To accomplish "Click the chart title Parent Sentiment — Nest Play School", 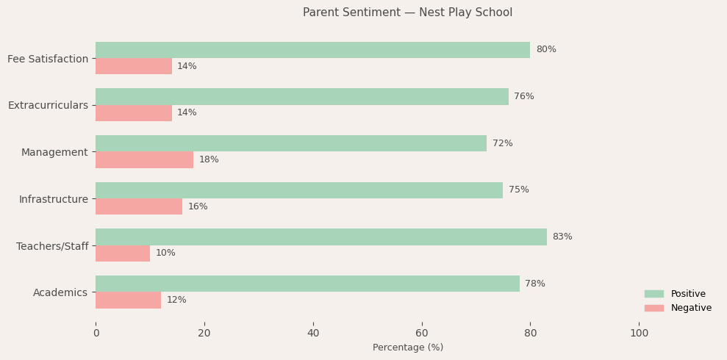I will (x=407, y=12).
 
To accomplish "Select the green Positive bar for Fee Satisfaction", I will (x=312, y=50).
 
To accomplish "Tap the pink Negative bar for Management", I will (x=144, y=160).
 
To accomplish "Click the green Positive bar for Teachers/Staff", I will (x=320, y=237).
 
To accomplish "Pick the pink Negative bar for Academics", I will (x=128, y=300).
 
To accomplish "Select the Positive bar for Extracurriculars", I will (x=301, y=97).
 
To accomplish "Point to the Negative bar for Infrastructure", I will (x=139, y=206).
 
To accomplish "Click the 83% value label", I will (x=562, y=237).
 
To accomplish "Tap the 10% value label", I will (x=165, y=253).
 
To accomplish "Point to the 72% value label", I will (x=503, y=143).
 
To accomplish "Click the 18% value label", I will (x=209, y=160).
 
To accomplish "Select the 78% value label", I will (x=535, y=284).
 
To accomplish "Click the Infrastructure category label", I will (x=54, y=199).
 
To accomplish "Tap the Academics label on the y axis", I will (x=60, y=292).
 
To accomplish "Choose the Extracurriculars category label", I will (x=48, y=105).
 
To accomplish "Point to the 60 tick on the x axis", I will (x=422, y=333).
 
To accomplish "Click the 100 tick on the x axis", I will (x=640, y=333).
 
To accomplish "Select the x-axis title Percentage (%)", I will (x=408, y=348).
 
